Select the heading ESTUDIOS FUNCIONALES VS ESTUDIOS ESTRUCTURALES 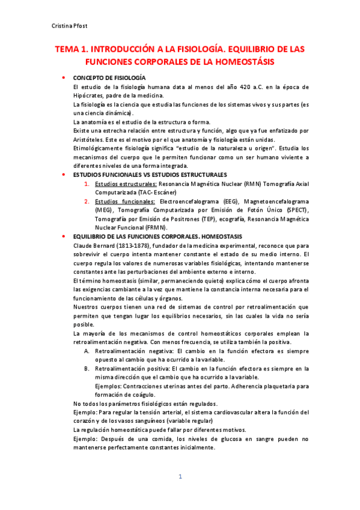(150, 174)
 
